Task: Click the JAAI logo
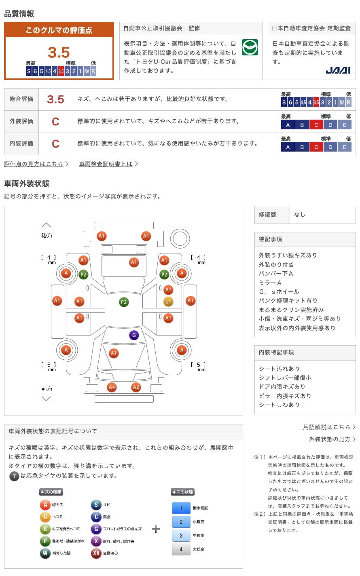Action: (x=338, y=70)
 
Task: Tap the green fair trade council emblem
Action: (x=250, y=47)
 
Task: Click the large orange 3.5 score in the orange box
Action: (x=59, y=52)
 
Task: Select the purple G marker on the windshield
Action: (x=134, y=335)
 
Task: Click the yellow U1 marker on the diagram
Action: (x=168, y=302)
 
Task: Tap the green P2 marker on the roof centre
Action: (x=124, y=302)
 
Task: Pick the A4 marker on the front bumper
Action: (x=112, y=387)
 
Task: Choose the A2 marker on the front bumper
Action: (x=136, y=387)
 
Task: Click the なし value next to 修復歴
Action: (x=300, y=215)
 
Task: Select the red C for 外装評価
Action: (x=55, y=122)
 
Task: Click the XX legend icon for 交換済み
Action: (x=96, y=553)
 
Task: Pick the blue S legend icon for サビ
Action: (x=96, y=504)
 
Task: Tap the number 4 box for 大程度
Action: (x=181, y=549)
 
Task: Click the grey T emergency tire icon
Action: (x=14, y=476)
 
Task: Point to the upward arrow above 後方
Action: (x=47, y=225)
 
